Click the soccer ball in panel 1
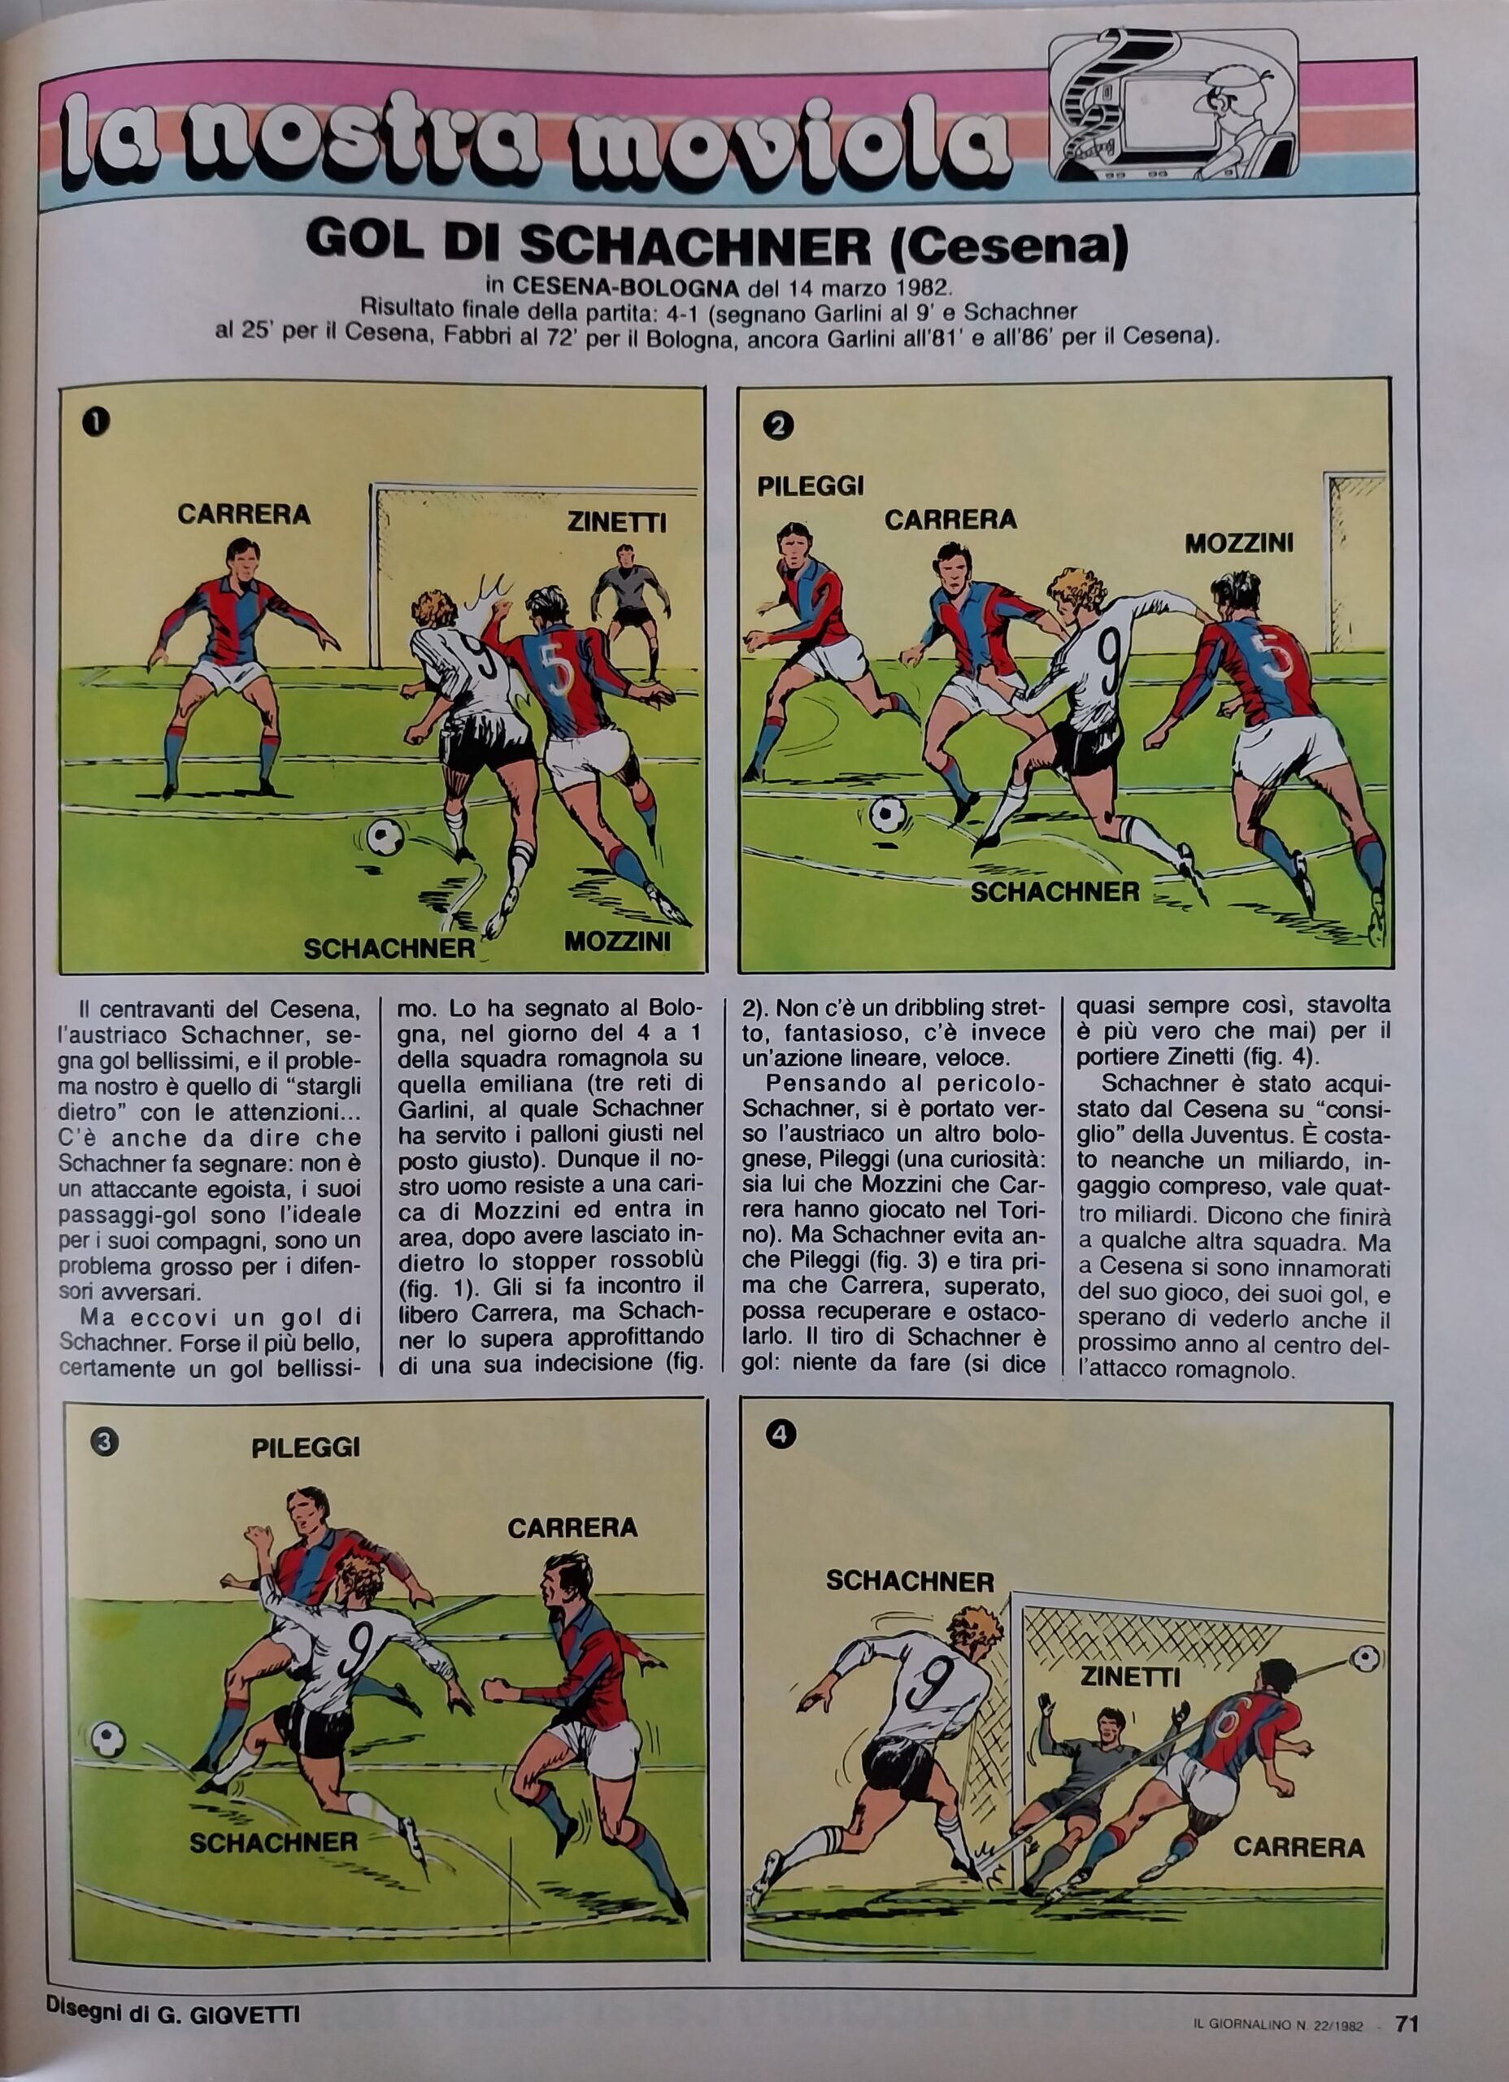pyautogui.click(x=385, y=836)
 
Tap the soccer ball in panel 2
pyautogui.click(x=888, y=814)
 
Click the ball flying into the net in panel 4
pyautogui.click(x=1366, y=1657)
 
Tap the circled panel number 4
pyautogui.click(x=781, y=1435)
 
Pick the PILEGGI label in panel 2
pyautogui.click(x=811, y=486)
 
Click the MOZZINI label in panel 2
pyautogui.click(x=1239, y=543)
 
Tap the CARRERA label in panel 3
pyautogui.click(x=572, y=1528)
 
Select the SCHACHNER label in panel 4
pyautogui.click(x=910, y=1581)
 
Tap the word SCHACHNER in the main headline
pyautogui.click(x=696, y=245)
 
